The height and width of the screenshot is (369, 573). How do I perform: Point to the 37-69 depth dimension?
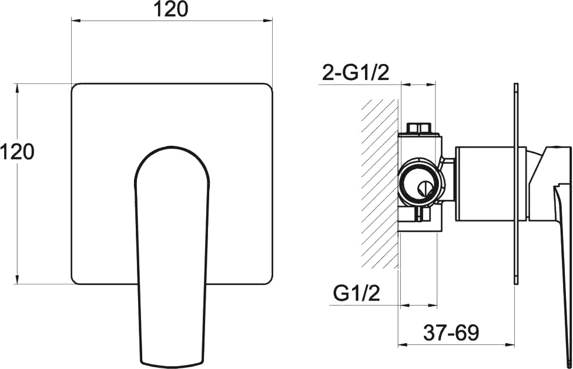coord(451,333)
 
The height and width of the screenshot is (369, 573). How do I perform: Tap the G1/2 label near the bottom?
coord(356,293)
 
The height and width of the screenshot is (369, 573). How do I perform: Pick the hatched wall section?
coord(380,184)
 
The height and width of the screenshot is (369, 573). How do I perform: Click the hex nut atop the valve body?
coord(419,129)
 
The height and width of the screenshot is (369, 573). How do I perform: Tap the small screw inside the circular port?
coord(425,189)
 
